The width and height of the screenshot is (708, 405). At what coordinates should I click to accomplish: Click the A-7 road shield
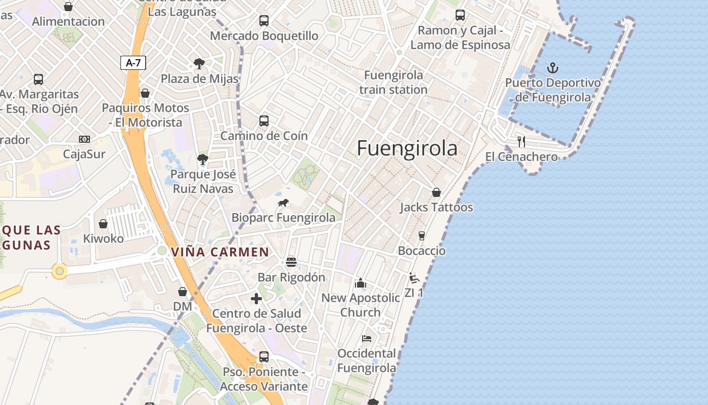point(134,63)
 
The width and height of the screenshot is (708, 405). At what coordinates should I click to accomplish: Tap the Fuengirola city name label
point(407,148)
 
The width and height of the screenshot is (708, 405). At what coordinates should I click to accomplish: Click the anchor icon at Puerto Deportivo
point(553,68)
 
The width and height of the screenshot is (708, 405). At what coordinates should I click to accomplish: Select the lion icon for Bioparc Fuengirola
point(283,203)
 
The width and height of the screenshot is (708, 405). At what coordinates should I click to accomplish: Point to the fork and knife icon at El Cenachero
point(521,142)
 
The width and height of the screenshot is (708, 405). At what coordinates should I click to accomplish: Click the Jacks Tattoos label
point(436,207)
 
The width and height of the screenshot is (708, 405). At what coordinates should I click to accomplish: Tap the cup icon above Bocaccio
point(421,235)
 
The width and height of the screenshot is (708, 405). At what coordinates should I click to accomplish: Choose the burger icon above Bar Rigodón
point(291,262)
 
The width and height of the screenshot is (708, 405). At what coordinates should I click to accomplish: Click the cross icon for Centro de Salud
point(256,298)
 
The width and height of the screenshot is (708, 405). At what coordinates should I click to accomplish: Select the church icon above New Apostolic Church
point(361,282)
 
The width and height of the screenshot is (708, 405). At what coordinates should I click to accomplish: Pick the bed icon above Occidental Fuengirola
point(367,338)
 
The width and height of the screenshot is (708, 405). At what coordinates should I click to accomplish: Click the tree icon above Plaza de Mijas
point(199,64)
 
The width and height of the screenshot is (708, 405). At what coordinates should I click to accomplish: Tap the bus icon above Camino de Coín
point(263,121)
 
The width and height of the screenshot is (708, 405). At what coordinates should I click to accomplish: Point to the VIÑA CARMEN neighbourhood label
point(220,252)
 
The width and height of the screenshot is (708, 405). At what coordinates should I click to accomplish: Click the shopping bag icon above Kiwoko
point(103,224)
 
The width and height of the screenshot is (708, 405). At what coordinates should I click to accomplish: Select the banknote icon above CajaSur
point(84,139)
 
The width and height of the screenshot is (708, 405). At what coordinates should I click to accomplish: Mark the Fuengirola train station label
point(393,83)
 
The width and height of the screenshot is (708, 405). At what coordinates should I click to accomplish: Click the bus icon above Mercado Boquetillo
point(263,21)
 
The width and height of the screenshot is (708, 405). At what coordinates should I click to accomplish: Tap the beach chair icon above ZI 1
point(414,277)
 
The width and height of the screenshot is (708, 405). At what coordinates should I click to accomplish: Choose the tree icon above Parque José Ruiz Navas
point(203,159)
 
